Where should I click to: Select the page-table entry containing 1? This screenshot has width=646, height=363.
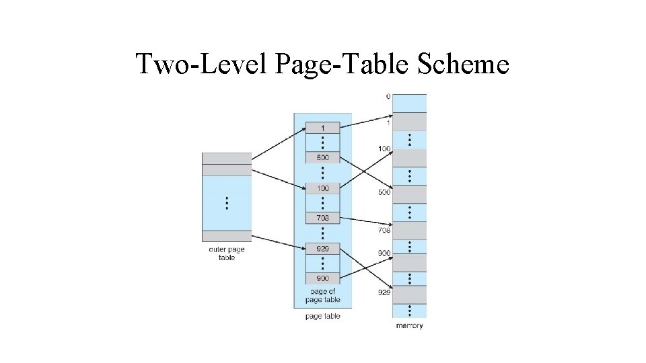coord(322,128)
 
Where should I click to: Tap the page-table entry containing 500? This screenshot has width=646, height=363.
coord(322,158)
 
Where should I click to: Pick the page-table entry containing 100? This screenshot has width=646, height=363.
coord(322,188)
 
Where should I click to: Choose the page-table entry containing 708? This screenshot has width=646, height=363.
coord(322,218)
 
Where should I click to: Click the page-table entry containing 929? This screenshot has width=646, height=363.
coord(322,249)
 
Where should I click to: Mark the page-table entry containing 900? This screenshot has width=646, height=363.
coord(322,278)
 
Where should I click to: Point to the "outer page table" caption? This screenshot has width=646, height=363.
coord(227,253)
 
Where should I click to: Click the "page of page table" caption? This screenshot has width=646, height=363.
coord(323,296)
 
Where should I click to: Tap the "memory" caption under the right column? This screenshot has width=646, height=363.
coord(409,326)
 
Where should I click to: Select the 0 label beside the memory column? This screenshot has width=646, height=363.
coord(388,97)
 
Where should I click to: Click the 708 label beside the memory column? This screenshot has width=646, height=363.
coord(384,231)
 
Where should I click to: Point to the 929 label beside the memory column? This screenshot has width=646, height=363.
coord(384,292)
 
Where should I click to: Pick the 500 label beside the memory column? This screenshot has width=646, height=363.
coord(384,193)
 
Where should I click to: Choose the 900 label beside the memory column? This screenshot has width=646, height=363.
coord(384,254)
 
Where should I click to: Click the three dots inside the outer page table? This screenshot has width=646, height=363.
coord(227,202)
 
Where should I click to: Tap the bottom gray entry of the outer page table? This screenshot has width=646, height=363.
coord(227,236)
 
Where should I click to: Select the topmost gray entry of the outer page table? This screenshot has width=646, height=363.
coord(227,158)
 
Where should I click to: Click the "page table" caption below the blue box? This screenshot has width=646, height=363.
coord(323,316)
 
